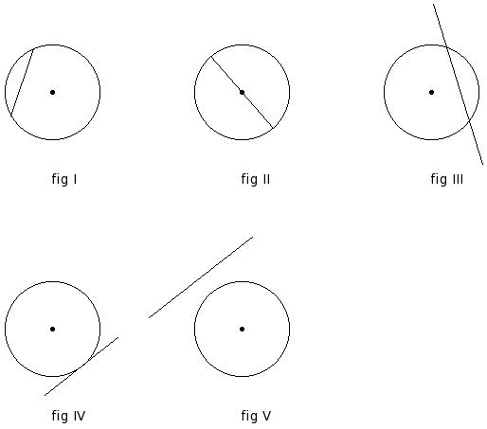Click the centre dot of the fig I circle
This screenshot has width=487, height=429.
click(53, 92)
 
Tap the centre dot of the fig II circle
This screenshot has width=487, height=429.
click(243, 92)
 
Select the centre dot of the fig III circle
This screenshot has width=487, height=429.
click(432, 92)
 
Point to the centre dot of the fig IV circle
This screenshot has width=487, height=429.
click(53, 329)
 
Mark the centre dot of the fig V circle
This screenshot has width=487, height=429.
click(243, 329)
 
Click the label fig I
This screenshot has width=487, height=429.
click(64, 179)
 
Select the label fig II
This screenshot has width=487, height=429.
click(256, 179)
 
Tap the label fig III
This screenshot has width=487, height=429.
click(447, 179)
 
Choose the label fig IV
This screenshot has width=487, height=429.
click(68, 416)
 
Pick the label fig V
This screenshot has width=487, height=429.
click(256, 416)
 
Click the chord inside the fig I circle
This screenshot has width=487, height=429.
click(23, 82)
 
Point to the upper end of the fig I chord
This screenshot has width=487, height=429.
click(34, 49)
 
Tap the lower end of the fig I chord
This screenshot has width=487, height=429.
click(11, 116)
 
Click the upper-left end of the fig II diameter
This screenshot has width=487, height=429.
click(211, 57)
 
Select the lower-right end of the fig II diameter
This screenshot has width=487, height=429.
click(273, 128)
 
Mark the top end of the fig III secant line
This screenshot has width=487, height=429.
click(433, 4)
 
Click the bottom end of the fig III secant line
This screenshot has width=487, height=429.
click(483, 164)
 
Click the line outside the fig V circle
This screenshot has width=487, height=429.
click(201, 277)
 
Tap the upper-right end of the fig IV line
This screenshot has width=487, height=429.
click(118, 337)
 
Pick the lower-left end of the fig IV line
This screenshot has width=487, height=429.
click(45, 395)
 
